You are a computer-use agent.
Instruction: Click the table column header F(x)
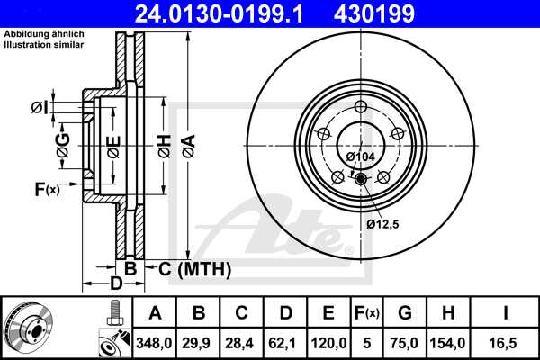coord(367,312)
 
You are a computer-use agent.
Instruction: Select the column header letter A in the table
coord(154,312)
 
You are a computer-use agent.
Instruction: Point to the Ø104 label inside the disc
coord(361,157)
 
